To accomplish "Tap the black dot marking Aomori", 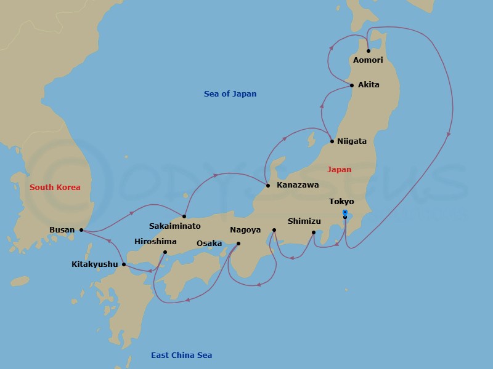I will click(x=368, y=51).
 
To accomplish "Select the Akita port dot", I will click(x=352, y=85).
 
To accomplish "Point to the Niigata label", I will click(x=352, y=141).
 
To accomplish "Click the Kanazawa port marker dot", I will click(x=267, y=185).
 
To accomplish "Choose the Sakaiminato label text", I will click(x=175, y=226).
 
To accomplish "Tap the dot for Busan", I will click(x=81, y=230).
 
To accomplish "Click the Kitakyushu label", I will click(x=95, y=265).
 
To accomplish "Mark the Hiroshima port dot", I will click(x=165, y=252).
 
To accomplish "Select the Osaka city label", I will click(x=209, y=244).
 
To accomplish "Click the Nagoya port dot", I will click(x=274, y=230).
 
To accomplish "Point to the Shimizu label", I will click(x=304, y=221).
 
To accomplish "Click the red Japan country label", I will click(x=339, y=170).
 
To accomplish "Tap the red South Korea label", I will click(x=55, y=187).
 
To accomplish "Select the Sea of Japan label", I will click(x=230, y=94).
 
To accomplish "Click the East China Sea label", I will click(x=181, y=355).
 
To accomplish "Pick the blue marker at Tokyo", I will click(x=345, y=212).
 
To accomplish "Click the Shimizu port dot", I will click(x=314, y=232).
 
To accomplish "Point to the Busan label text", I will click(x=62, y=231).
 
